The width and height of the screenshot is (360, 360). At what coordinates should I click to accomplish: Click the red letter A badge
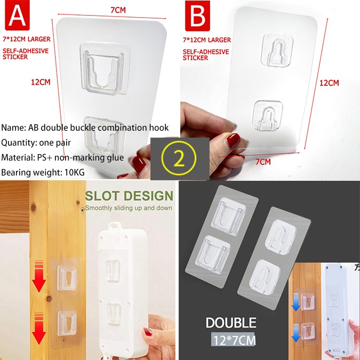click(x=17, y=15)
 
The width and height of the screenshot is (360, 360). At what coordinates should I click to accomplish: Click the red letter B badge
click(x=197, y=15)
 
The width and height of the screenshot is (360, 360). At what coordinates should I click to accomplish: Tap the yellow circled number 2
click(x=179, y=158)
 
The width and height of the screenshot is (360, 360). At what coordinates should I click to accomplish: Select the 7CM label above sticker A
click(x=118, y=10)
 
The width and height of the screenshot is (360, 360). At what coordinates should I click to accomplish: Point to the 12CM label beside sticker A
click(x=41, y=82)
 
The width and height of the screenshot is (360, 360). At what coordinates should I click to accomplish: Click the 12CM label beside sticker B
click(x=329, y=83)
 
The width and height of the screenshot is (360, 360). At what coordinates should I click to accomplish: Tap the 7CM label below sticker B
click(x=263, y=162)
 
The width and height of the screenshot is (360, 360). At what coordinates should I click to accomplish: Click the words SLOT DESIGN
click(x=129, y=196)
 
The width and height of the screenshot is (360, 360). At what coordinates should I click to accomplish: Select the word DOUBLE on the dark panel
click(x=231, y=323)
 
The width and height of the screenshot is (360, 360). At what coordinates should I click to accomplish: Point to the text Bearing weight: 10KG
click(x=43, y=172)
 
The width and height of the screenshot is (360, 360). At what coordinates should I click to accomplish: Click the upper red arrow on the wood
click(x=39, y=276)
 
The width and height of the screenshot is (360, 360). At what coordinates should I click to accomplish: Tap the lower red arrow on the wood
click(x=39, y=329)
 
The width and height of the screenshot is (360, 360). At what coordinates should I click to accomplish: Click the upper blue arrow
click(x=295, y=303)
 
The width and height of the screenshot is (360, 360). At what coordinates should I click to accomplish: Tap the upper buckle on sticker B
click(x=277, y=50)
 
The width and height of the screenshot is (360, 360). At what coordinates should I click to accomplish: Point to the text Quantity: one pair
click(x=36, y=142)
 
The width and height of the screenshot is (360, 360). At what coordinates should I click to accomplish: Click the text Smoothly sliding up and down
click(x=129, y=208)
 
